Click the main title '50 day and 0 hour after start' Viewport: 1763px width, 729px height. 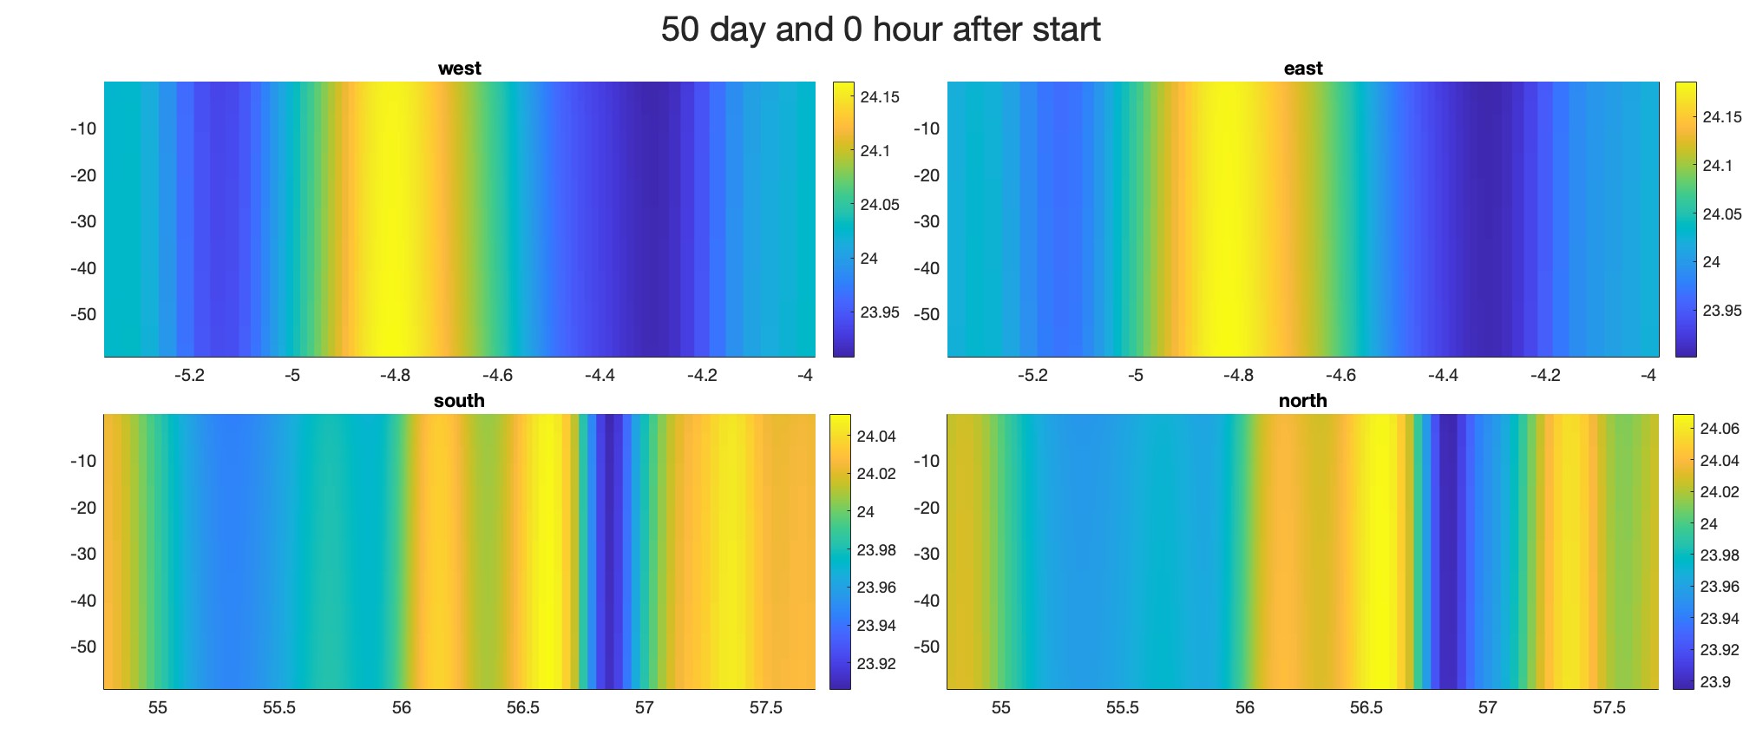881,30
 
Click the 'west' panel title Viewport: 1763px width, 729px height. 459,69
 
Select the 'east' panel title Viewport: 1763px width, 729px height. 1302,69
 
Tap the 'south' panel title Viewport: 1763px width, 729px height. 459,401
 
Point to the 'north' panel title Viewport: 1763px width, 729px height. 1302,401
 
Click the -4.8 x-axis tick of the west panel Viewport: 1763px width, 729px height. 395,376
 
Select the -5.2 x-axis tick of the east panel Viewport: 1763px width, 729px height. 1032,376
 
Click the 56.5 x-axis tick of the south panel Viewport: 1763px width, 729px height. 522,708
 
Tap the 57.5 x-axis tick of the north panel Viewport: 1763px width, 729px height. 1609,708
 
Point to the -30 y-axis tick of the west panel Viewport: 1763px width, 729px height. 83,221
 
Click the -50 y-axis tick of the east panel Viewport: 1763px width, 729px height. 927,314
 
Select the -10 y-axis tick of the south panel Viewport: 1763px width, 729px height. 83,461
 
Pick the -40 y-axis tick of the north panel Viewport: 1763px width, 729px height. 927,601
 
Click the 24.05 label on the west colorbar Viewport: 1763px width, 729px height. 880,205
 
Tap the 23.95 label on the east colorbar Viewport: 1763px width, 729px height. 1722,311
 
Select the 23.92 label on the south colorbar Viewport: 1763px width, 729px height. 876,664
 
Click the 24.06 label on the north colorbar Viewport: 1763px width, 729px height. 1720,429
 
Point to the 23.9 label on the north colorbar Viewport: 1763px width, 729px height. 1715,682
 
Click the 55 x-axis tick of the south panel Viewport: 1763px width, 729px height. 158,708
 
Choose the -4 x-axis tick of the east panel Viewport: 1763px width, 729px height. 1648,376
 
